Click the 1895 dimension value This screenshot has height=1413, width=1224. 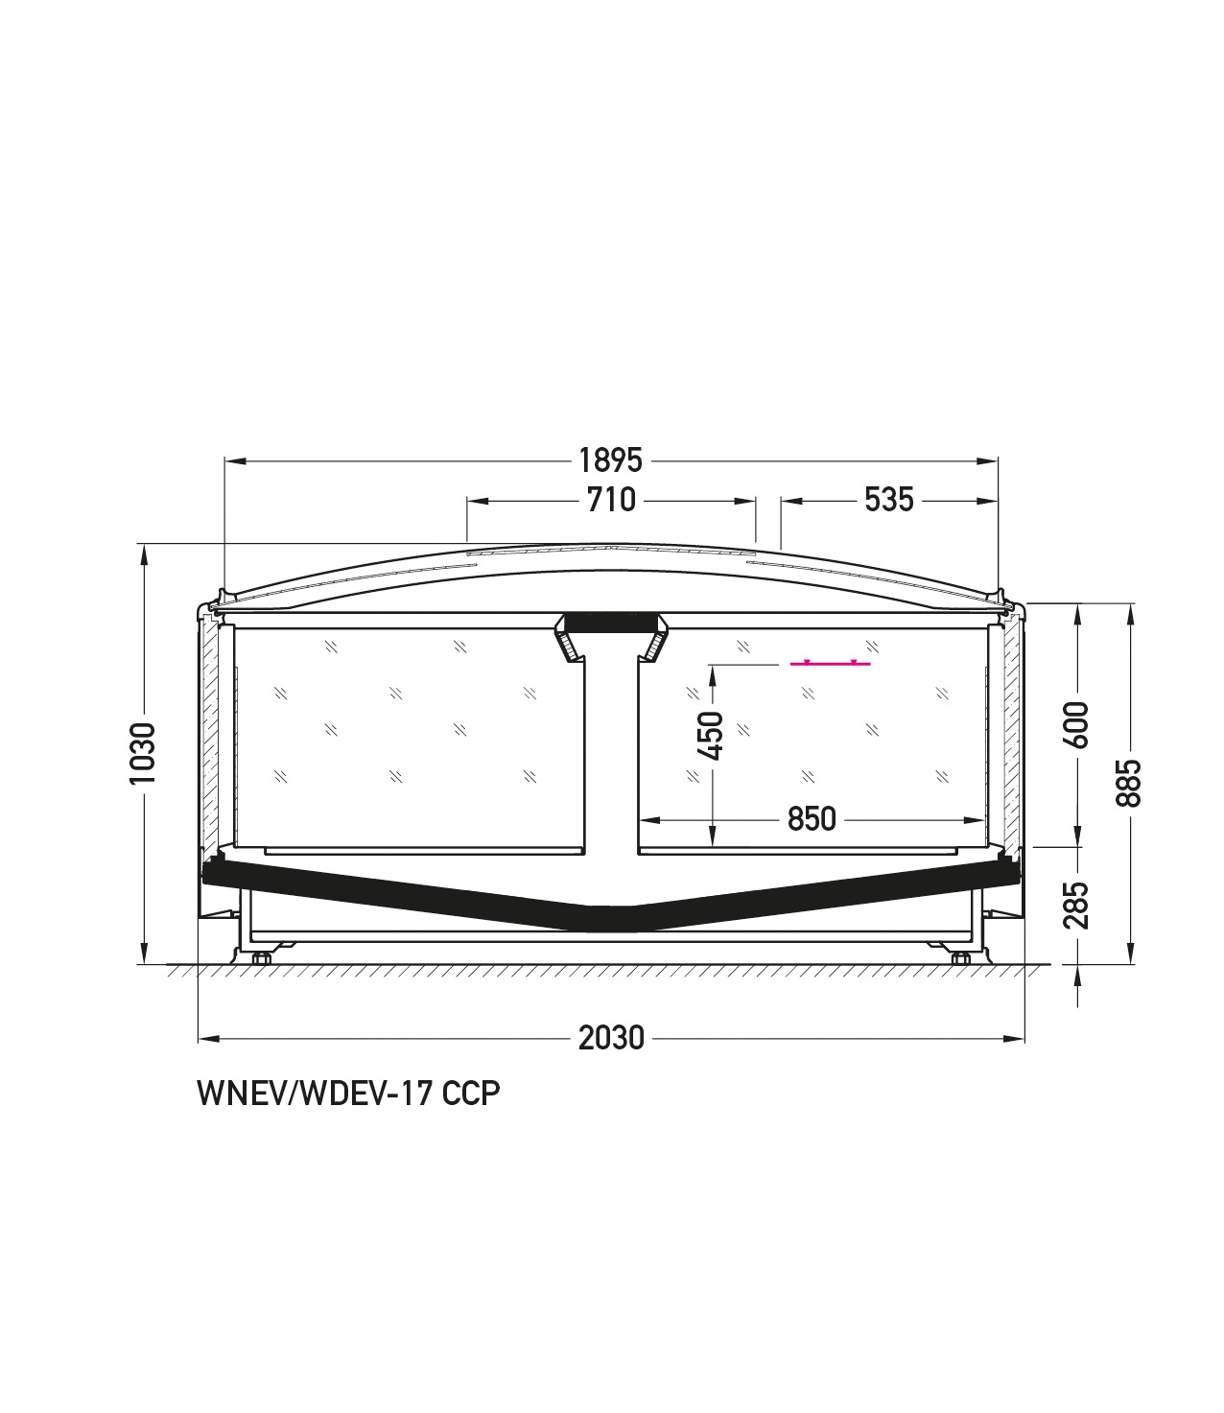[x=610, y=460]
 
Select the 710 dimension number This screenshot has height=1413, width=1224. [x=611, y=500]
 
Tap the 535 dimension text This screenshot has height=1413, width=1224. [x=888, y=500]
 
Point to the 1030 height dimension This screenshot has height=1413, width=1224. [x=144, y=753]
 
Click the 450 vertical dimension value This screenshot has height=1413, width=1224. [x=712, y=736]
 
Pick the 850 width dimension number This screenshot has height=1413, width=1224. [x=812, y=819]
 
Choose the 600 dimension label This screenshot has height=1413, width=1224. [x=1077, y=724]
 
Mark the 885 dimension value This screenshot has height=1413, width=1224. [x=1128, y=783]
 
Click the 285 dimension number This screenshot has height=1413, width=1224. [x=1077, y=906]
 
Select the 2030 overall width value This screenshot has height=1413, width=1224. [x=611, y=1038]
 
